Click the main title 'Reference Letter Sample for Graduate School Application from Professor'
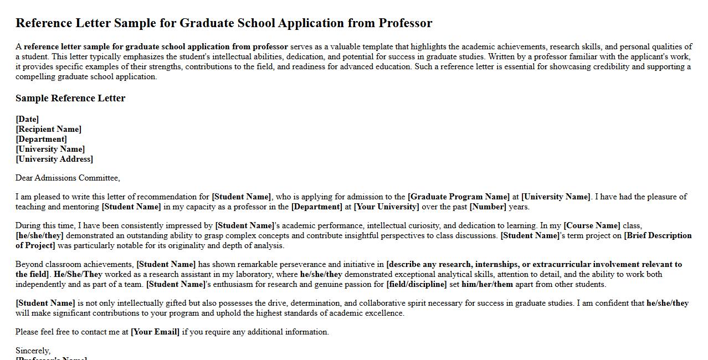point(224,23)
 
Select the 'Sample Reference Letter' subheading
point(70,98)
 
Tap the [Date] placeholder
point(27,119)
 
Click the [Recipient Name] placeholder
point(49,129)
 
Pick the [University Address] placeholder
point(54,159)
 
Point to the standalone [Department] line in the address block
point(42,139)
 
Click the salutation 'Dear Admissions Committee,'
point(68,178)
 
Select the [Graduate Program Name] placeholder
point(458,197)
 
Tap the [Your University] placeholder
point(386,207)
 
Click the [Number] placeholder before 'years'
point(488,207)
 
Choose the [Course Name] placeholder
point(592,225)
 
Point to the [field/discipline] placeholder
point(416,284)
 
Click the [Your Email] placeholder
point(155,332)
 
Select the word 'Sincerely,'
point(33,351)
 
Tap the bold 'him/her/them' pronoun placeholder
point(487,284)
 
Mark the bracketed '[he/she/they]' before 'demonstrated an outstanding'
point(39,235)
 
